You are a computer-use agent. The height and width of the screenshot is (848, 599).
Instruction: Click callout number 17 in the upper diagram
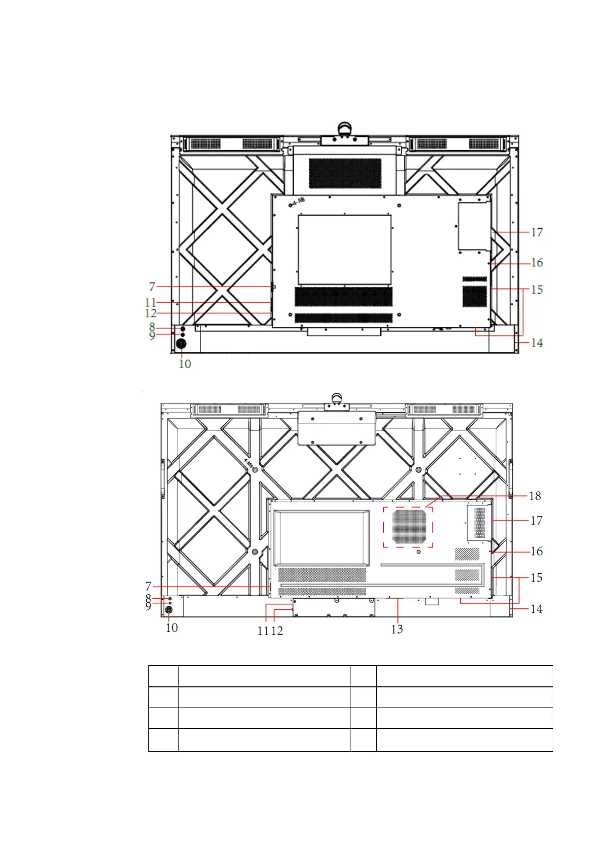point(537,232)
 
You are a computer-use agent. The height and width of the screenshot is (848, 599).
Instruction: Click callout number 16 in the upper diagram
point(537,262)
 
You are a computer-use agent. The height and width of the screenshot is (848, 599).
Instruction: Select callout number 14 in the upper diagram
point(537,342)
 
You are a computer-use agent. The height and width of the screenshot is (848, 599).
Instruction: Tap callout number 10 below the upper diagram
point(185,364)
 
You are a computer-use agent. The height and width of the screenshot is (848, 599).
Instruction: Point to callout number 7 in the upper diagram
point(152,287)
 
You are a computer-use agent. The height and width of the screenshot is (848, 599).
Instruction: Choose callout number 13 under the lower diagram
point(397,629)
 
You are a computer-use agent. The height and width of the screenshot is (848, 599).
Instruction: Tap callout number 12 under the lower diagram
point(277,630)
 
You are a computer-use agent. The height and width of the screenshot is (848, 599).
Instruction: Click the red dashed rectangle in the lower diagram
point(383,527)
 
